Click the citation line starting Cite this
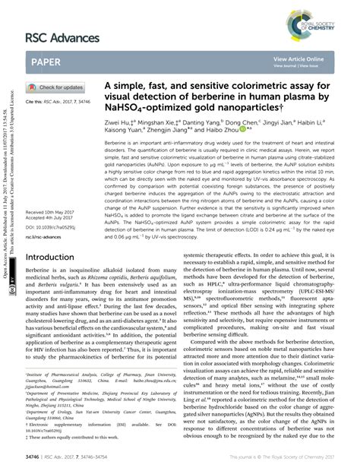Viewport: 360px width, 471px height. (59, 101)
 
